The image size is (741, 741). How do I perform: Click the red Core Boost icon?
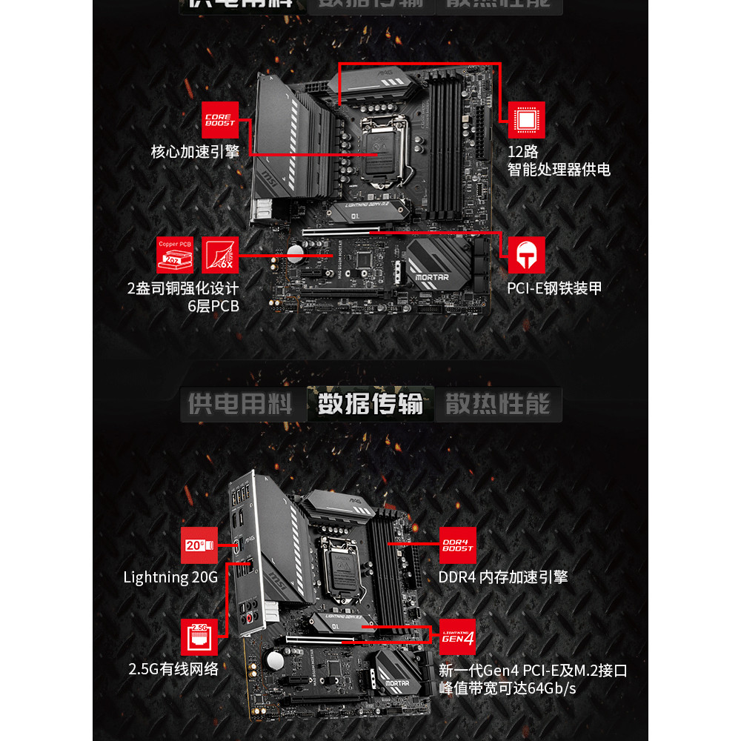[x=220, y=120]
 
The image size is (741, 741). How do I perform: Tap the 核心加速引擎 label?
[x=195, y=153]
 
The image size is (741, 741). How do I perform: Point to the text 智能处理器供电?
[x=559, y=170]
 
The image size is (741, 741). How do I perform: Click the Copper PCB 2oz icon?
[x=175, y=256]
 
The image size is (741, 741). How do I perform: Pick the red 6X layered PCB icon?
[x=220, y=256]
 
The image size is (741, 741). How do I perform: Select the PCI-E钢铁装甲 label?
[x=554, y=288]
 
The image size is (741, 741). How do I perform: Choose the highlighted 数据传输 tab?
[x=370, y=405]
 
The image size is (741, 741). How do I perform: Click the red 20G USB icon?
[x=199, y=545]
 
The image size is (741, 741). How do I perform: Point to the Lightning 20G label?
[x=170, y=577]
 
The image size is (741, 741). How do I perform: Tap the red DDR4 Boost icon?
[x=457, y=545]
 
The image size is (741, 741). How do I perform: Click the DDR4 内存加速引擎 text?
[x=503, y=577]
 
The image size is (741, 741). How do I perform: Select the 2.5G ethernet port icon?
[x=199, y=637]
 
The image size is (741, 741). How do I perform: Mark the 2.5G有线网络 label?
[x=173, y=669]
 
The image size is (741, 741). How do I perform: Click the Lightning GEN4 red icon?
[x=457, y=637]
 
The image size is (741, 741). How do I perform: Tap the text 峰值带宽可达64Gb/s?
[x=508, y=688]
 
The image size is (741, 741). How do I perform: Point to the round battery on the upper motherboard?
[x=296, y=254]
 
